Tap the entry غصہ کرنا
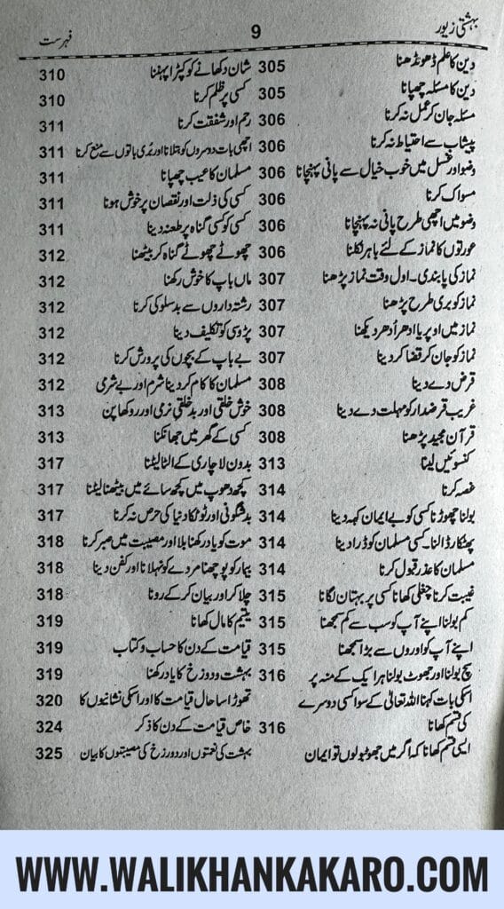(450, 490)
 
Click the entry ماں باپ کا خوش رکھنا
(178, 281)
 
